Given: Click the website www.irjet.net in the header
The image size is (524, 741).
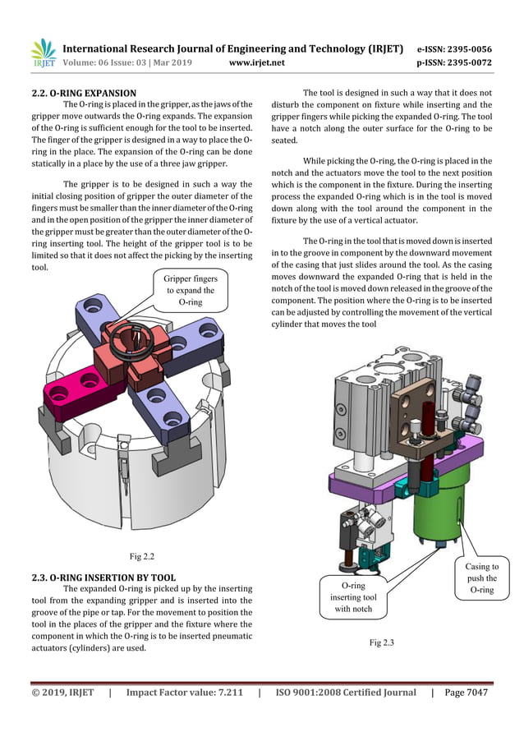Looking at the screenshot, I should click(x=257, y=62).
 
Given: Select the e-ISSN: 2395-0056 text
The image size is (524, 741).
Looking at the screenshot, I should click(x=454, y=48).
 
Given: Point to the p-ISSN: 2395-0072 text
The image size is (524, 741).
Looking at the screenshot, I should click(x=454, y=62).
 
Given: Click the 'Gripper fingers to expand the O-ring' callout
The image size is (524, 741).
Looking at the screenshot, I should click(x=190, y=291).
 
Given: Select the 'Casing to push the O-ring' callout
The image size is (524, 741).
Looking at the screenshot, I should click(x=481, y=578).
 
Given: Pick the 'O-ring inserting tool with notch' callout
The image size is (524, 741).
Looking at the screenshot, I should click(x=347, y=597).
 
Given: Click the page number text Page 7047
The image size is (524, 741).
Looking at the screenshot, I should click(x=466, y=693).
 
